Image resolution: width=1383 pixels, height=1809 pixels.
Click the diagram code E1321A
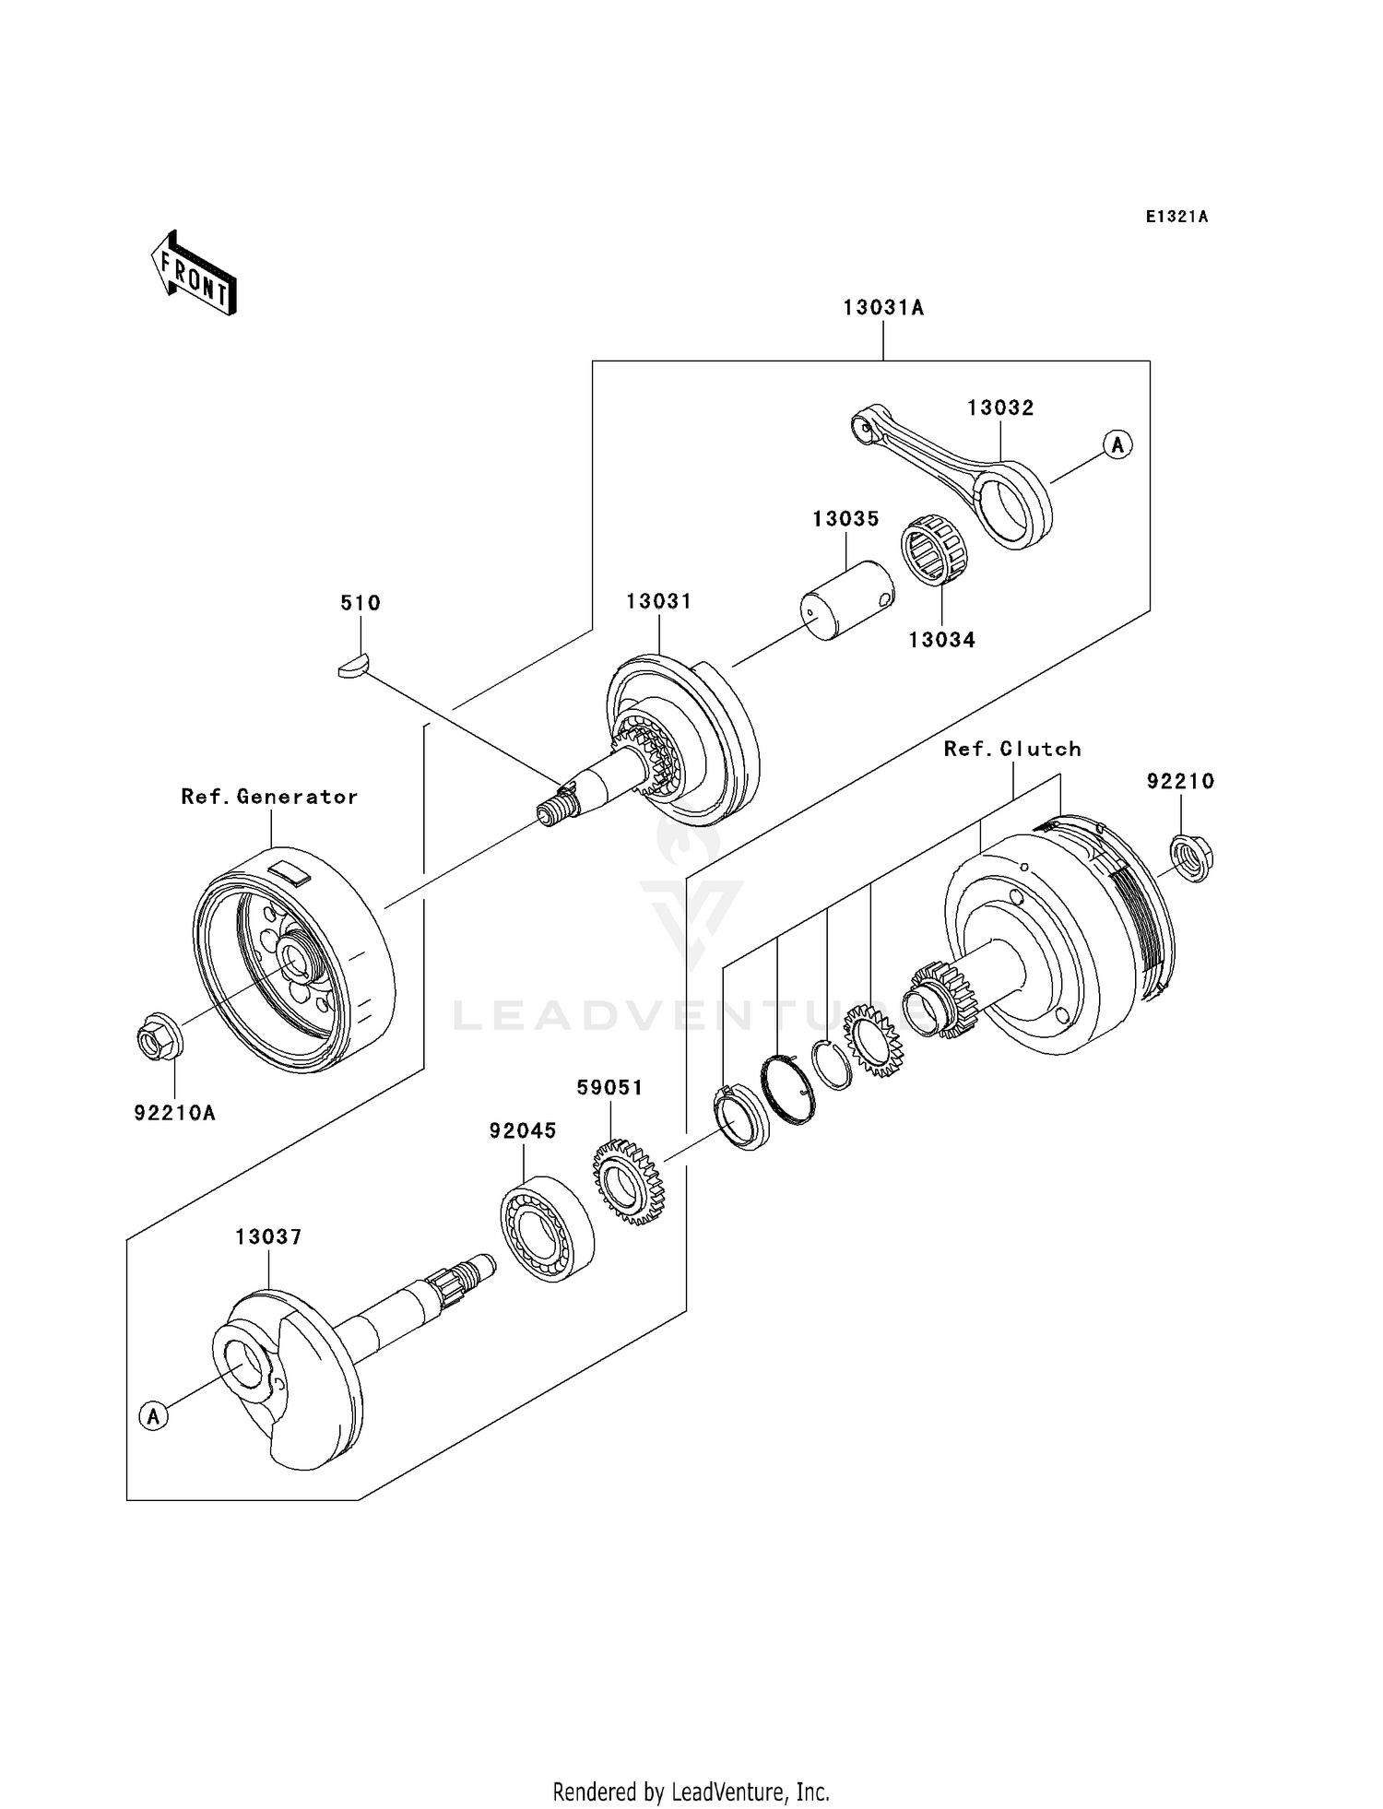(1176, 217)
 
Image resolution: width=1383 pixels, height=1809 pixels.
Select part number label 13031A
(882, 308)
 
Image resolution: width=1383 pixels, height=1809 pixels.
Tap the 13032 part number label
(1000, 408)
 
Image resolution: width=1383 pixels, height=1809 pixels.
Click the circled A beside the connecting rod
(1117, 444)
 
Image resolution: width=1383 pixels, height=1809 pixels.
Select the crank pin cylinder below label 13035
(845, 600)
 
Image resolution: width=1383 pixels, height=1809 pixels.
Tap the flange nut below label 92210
(1190, 857)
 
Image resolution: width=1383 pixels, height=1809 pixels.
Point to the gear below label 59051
(629, 1182)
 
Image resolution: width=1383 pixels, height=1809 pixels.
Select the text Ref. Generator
(269, 797)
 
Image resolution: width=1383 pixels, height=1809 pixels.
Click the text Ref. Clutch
(1012, 749)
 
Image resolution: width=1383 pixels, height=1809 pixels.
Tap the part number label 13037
(268, 1237)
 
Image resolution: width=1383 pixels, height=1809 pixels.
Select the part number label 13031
(658, 601)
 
